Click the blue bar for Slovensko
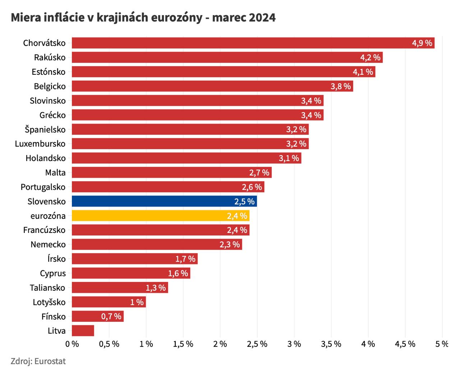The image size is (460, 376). point(164,201)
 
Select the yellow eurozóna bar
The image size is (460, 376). point(160,216)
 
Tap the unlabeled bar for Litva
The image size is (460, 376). point(83,331)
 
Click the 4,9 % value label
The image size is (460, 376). point(422,43)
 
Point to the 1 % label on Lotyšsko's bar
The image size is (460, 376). point(137,302)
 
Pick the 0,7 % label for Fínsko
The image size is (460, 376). point(111,317)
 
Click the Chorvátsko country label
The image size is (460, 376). point(44,43)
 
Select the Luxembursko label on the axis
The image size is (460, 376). point(40,144)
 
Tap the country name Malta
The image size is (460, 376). point(55,173)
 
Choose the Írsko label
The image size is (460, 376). point(56,259)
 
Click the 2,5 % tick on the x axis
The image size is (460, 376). point(257,344)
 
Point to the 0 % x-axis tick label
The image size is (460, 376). point(72,344)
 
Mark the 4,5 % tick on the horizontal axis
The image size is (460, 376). point(405,344)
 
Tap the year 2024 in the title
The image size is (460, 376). point(262,17)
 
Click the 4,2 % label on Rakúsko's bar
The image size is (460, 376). point(370,58)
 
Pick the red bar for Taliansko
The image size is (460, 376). point(120,288)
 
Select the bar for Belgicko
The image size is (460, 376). point(212,86)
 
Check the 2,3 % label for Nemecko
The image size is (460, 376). point(230,245)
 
